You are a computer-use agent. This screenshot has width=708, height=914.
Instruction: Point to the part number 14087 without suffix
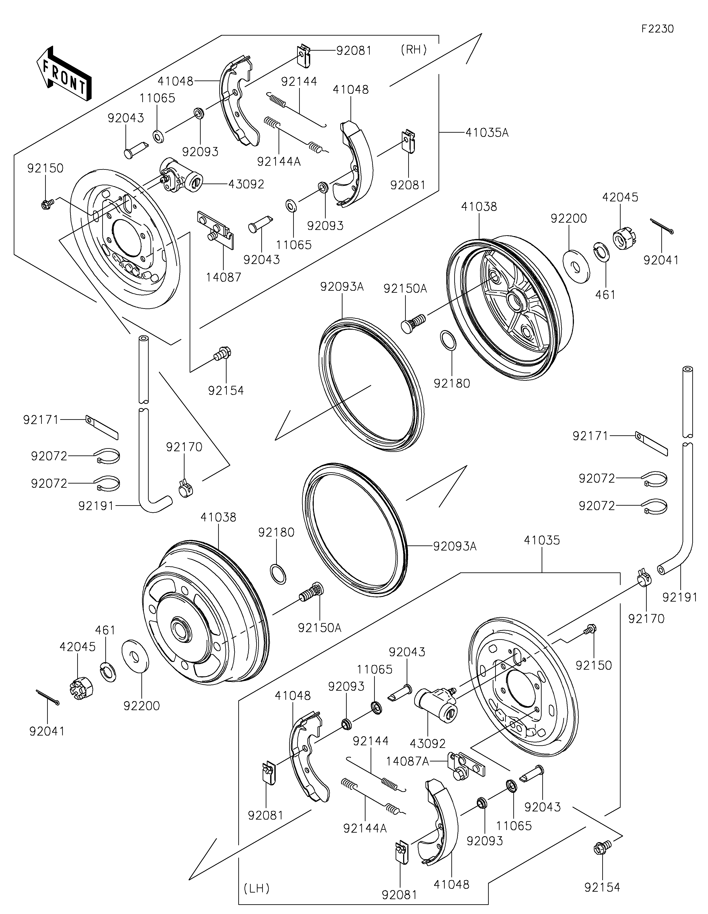coord(224,277)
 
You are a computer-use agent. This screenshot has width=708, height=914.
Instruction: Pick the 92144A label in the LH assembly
coord(365,828)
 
